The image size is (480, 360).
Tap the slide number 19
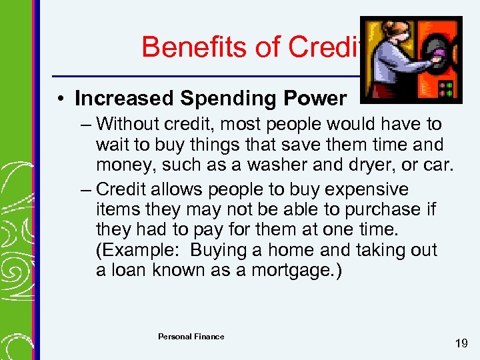tap(461, 344)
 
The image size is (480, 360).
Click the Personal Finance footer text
tap(191, 337)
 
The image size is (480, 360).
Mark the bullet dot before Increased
tap(60, 99)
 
